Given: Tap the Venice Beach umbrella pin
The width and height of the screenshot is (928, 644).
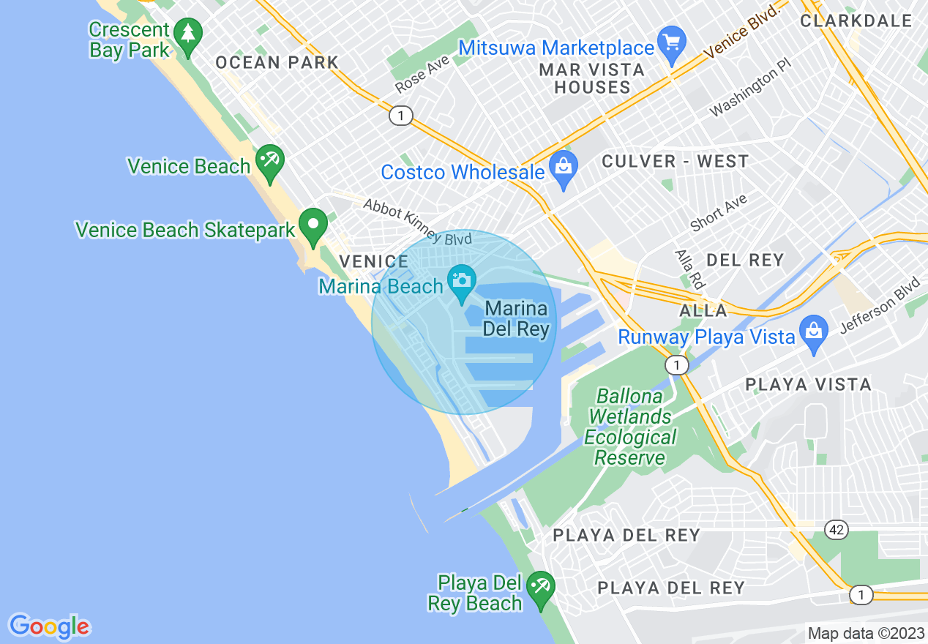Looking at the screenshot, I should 269,163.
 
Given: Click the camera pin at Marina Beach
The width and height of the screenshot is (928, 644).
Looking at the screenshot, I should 462,283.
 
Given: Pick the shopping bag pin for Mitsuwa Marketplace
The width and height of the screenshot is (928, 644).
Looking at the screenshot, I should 671,43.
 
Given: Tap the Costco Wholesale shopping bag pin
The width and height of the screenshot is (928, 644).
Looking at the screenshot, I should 563,169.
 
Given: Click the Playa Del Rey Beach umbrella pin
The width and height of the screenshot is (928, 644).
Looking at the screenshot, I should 541,589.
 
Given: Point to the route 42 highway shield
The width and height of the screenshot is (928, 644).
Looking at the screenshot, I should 835,528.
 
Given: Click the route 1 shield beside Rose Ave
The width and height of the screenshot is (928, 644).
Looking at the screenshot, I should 400,116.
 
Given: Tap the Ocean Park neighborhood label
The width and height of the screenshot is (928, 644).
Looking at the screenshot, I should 277,63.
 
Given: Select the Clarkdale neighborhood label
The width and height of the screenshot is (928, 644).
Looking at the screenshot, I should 856,20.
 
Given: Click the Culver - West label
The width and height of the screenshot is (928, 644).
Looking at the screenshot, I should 675,162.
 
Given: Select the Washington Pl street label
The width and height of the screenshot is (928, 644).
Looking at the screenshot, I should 751,93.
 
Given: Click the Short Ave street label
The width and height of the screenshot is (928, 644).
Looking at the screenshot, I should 719,212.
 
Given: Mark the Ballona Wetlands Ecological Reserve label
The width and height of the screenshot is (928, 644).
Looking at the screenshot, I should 629,427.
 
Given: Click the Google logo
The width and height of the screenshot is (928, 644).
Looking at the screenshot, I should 49,626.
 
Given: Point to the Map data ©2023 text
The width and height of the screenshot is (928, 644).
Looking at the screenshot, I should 866,633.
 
